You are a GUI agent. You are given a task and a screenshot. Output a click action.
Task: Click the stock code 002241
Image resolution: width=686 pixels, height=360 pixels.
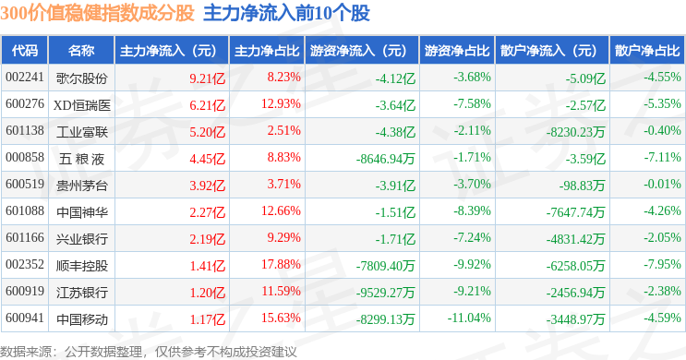[25, 78]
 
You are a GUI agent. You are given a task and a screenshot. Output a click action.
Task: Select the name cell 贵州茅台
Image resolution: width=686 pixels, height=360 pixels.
[82, 186]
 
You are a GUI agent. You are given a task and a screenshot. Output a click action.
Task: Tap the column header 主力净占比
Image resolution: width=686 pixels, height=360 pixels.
[267, 51]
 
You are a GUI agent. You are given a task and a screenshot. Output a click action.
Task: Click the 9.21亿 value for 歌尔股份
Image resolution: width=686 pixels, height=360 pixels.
[208, 78]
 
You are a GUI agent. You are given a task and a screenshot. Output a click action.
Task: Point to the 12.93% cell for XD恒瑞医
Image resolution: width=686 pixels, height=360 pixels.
[281, 104]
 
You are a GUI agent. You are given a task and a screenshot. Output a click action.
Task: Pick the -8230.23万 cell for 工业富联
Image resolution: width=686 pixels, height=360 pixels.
[576, 132]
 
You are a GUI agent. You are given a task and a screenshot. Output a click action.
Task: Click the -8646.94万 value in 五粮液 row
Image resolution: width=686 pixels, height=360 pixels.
[385, 159]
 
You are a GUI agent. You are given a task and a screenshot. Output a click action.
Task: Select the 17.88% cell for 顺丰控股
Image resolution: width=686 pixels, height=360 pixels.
[281, 265]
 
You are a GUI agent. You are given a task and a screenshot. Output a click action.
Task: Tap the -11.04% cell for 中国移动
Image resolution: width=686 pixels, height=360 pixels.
[469, 318]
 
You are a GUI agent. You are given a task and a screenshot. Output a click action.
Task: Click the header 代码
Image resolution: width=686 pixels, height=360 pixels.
[25, 51]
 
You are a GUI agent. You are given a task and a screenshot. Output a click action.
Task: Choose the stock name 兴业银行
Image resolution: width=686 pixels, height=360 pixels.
[82, 239]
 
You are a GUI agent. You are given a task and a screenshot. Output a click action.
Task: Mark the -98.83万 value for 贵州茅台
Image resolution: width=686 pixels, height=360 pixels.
[582, 186]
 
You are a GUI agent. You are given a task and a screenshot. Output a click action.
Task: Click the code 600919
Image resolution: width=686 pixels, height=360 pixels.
[25, 292]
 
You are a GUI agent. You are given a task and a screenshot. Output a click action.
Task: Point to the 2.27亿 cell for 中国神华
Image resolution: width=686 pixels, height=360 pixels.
[208, 212]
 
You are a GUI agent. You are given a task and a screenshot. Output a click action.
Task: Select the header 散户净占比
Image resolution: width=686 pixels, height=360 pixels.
[647, 51]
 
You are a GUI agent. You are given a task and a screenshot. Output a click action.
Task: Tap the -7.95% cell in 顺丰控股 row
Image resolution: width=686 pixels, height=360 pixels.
[662, 265]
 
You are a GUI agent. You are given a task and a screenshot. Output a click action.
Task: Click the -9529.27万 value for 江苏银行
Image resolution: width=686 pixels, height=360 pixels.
[385, 293]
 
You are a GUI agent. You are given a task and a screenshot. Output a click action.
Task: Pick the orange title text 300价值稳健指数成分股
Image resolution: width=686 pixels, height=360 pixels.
[97, 13]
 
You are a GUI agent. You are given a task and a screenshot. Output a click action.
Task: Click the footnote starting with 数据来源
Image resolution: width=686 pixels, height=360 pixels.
[149, 352]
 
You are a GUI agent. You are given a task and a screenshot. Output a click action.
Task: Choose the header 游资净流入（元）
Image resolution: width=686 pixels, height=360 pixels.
[358, 51]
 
